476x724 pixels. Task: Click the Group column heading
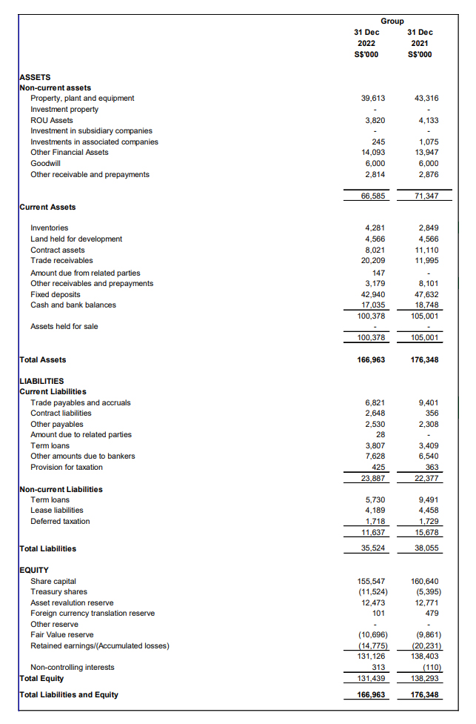(392, 21)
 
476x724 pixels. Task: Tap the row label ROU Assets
(51, 120)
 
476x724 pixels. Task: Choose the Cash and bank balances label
(73, 305)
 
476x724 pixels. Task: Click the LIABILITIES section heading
(41, 381)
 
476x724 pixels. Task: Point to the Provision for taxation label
(66, 468)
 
